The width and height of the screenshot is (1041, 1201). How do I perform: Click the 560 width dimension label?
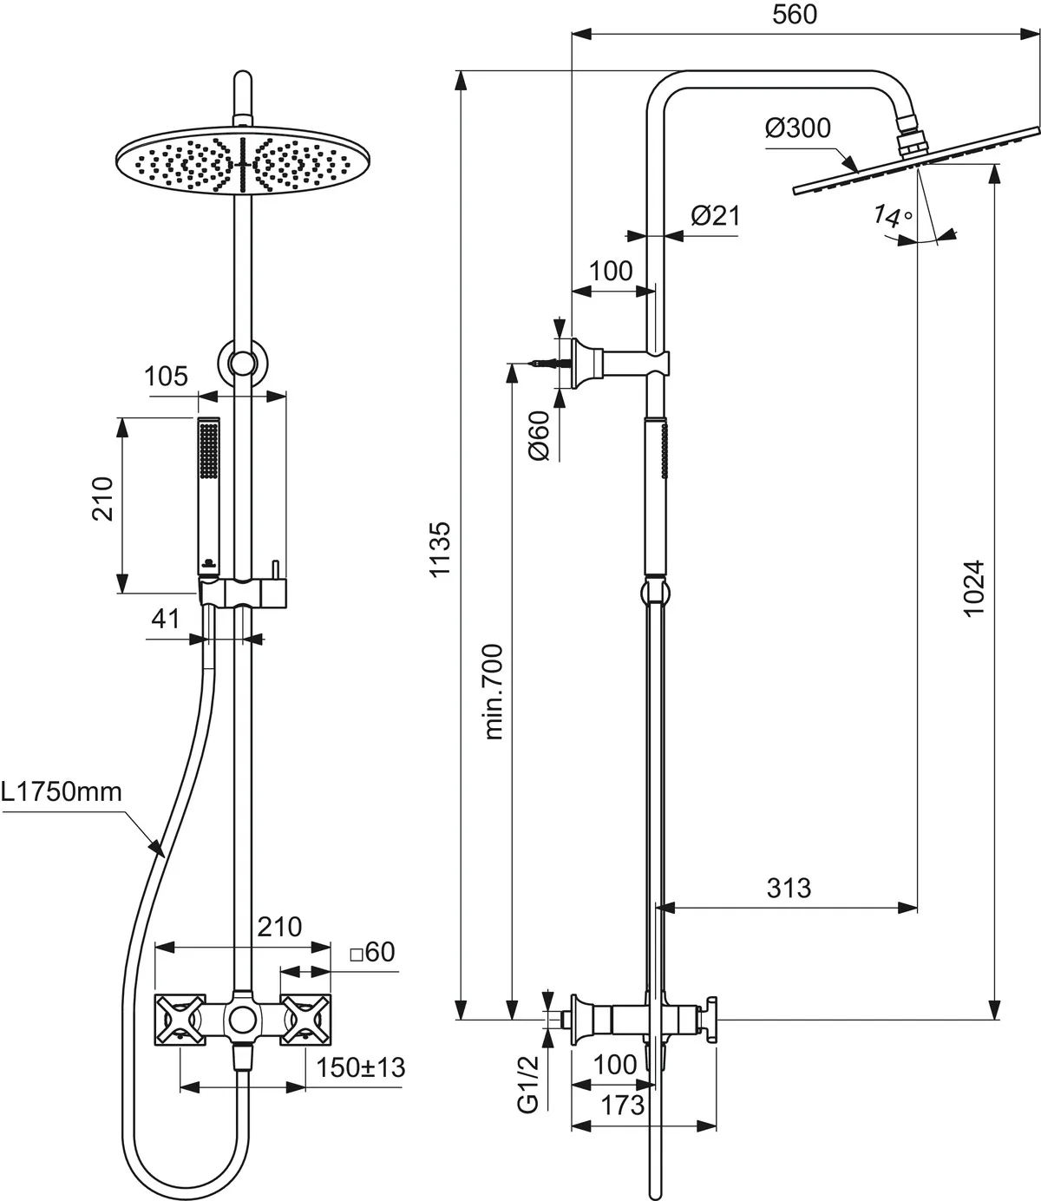pos(794,15)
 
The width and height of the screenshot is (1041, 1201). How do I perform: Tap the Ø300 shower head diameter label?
pos(797,128)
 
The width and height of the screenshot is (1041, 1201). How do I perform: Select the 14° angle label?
pos(894,217)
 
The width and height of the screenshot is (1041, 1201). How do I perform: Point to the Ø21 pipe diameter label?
pos(716,215)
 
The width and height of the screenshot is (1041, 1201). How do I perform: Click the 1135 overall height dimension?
pos(442,549)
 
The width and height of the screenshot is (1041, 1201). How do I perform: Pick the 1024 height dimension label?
pos(975,588)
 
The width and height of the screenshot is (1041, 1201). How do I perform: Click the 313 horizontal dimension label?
pos(789,888)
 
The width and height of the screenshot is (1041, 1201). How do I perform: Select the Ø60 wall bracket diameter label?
pos(539,435)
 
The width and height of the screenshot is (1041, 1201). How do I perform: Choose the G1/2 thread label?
pos(528,1084)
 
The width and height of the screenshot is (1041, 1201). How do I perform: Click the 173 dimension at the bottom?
pos(622,1105)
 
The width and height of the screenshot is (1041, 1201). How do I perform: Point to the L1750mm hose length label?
pos(62,791)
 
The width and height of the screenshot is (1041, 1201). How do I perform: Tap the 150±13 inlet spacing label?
pos(361,1066)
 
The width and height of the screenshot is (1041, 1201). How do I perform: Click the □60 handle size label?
pos(372,952)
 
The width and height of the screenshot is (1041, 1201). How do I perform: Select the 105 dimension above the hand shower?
pos(166,376)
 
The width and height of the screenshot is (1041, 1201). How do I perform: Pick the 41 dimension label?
pos(165,619)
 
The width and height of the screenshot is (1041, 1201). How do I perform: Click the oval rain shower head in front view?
pos(242,161)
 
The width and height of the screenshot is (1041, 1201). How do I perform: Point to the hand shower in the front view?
pos(209,495)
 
